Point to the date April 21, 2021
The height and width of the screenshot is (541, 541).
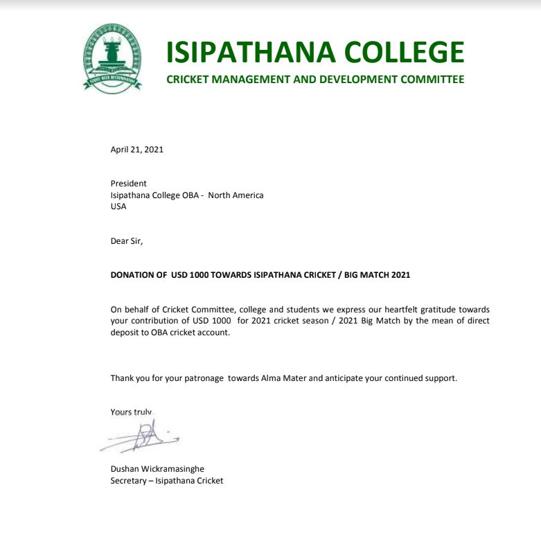(137, 149)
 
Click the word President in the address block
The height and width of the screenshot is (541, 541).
(129, 184)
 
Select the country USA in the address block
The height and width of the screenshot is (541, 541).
(118, 206)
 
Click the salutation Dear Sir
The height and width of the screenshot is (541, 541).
(126, 241)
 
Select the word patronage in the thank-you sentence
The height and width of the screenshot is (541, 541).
(203, 378)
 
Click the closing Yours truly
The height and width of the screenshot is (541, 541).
(131, 412)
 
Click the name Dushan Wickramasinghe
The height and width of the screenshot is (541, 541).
(157, 469)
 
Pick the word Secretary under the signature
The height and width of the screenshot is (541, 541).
(128, 481)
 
